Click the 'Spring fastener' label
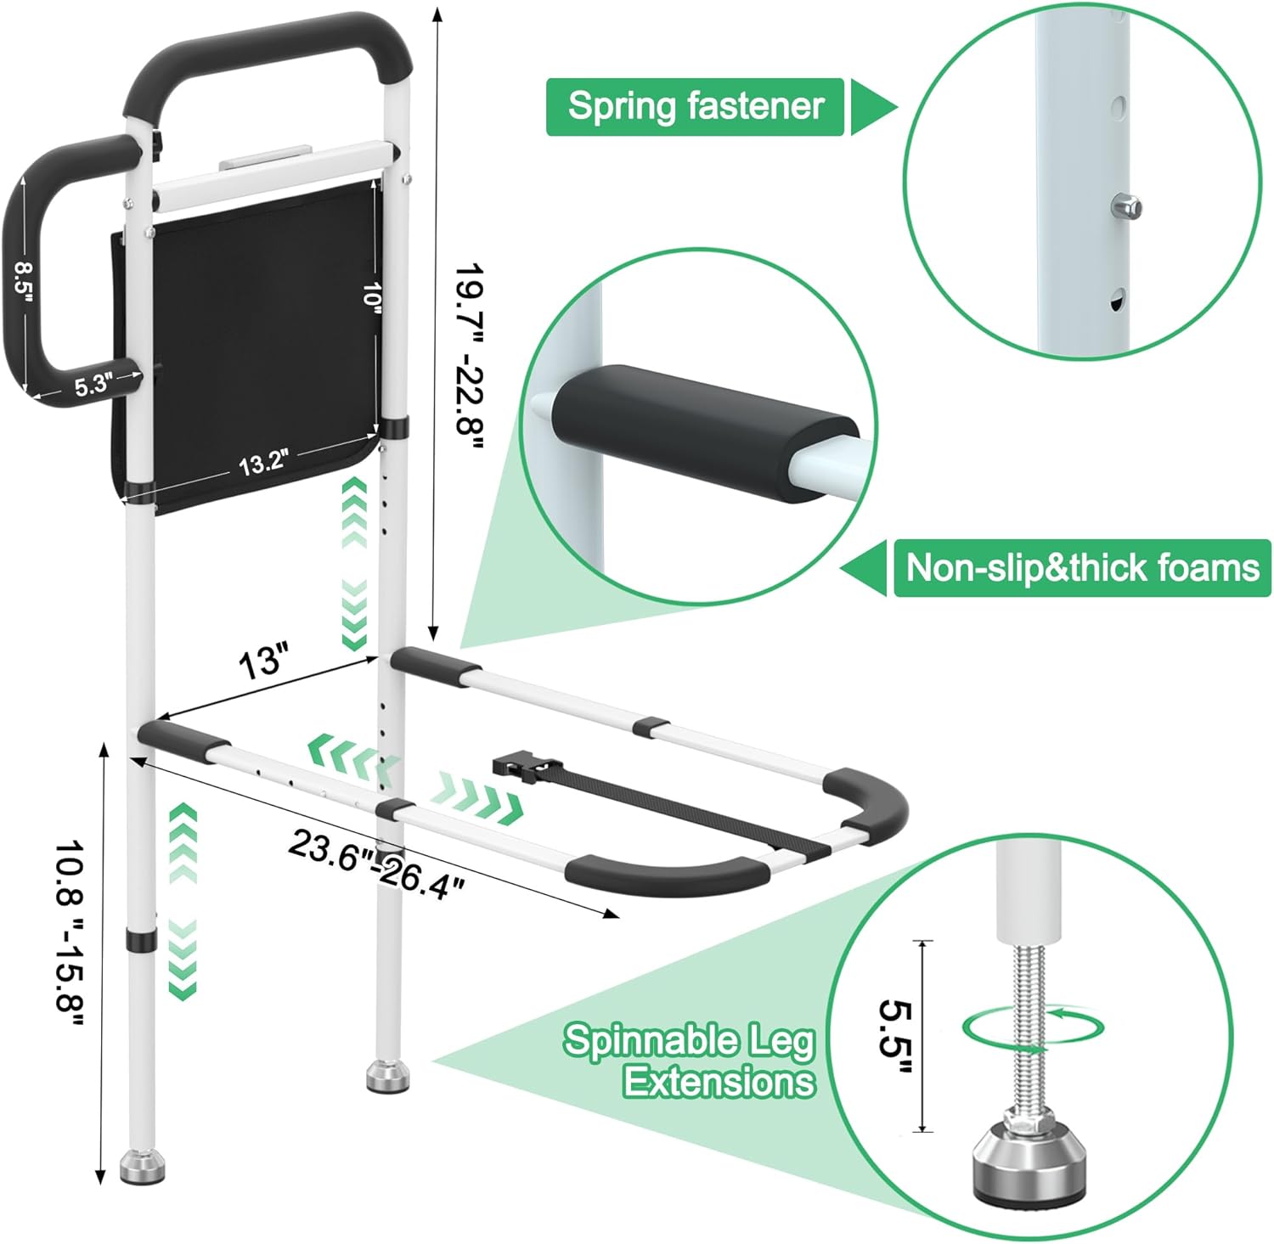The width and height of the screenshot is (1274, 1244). [x=695, y=107]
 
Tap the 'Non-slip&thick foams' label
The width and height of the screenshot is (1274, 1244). [x=1081, y=567]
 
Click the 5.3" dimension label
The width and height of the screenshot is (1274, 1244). [x=93, y=386]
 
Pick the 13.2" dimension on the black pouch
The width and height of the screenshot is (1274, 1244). [x=262, y=464]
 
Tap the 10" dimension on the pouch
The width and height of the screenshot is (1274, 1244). [x=371, y=296]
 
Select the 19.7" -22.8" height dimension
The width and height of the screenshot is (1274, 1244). [x=467, y=348]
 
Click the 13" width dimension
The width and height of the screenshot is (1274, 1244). [x=263, y=661]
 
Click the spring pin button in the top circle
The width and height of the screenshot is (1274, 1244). [x=1127, y=206]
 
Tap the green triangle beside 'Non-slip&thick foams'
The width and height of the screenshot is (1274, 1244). [x=865, y=567]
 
